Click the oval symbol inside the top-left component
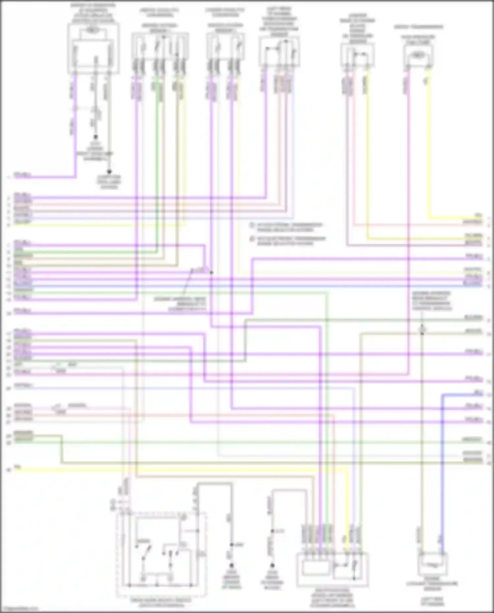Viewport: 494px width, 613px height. (x=93, y=30)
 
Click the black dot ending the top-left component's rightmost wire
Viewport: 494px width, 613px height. (x=109, y=172)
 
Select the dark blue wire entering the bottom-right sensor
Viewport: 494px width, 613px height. (x=442, y=461)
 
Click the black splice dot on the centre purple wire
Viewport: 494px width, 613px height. (x=211, y=272)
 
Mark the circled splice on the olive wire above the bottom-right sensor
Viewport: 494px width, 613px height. (x=422, y=330)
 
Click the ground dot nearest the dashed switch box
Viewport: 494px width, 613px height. (x=232, y=565)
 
